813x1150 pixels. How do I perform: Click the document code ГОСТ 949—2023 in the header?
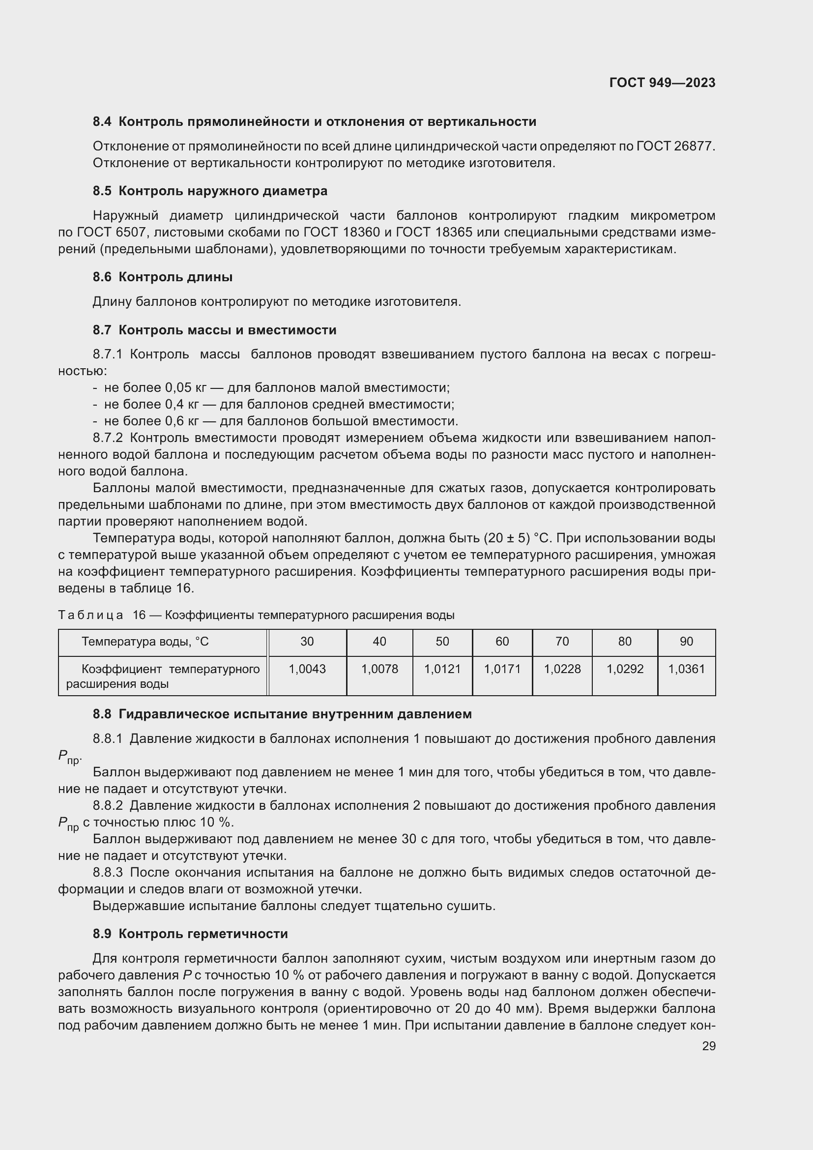tap(662, 83)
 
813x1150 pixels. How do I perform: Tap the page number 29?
tap(708, 1046)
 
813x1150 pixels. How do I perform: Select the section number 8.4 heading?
tap(102, 122)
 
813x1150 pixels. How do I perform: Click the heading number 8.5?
tap(102, 191)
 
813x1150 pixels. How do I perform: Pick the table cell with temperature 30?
tap(307, 642)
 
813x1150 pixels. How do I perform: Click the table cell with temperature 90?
tap(686, 642)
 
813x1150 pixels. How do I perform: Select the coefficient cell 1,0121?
tap(442, 669)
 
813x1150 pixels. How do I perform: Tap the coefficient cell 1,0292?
tap(625, 669)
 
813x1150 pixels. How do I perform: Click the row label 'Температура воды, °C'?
tap(145, 642)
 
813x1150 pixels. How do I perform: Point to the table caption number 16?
tap(139, 615)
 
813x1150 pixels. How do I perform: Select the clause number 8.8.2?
tap(108, 806)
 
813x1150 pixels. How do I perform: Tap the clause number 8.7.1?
tap(108, 354)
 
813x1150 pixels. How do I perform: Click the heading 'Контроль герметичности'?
tap(203, 934)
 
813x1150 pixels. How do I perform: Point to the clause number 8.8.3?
tap(108, 873)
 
